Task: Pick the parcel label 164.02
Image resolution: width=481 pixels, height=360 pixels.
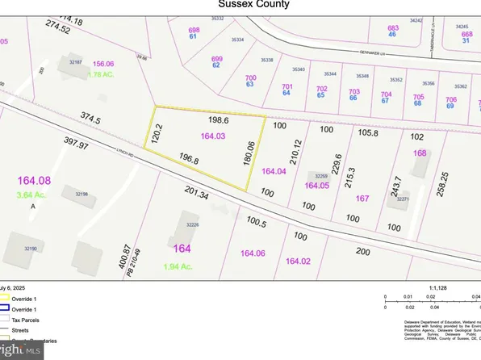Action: point(298,260)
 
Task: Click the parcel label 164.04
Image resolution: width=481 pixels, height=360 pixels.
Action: point(274,171)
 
